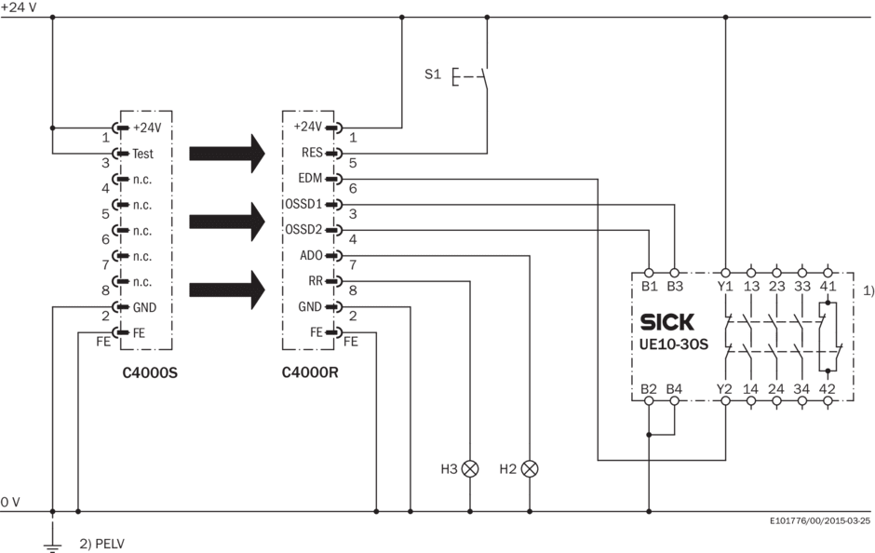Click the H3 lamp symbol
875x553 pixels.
tap(470, 468)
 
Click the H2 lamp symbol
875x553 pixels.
tap(531, 468)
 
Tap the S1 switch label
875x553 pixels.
tap(433, 74)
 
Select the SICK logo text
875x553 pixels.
tap(667, 323)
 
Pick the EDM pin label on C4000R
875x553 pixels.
tap(310, 178)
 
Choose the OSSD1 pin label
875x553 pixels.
tap(303, 204)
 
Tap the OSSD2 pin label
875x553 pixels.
tap(303, 229)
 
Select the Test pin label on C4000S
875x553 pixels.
tap(143, 153)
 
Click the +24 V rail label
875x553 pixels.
tap(18, 7)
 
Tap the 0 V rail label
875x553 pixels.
tap(10, 502)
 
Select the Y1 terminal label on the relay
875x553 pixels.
tap(724, 286)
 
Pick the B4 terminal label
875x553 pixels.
tap(674, 388)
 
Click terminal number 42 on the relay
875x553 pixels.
tap(827, 388)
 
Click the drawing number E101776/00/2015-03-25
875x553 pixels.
tap(819, 521)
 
